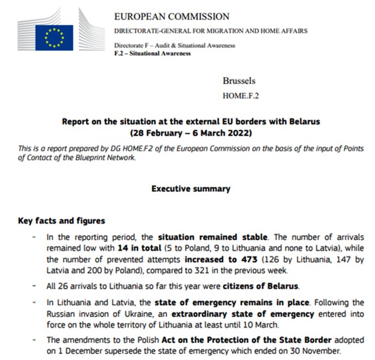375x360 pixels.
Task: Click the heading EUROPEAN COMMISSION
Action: [172, 17]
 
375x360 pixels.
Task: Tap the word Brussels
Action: [239, 81]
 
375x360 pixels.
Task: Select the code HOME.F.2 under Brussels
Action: [242, 95]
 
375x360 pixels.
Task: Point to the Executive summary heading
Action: [191, 188]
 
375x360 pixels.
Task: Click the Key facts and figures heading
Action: [61, 221]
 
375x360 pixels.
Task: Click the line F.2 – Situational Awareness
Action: [152, 53]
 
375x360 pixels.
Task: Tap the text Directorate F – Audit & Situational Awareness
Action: [174, 46]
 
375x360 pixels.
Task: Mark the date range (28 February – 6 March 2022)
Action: [191, 132]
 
